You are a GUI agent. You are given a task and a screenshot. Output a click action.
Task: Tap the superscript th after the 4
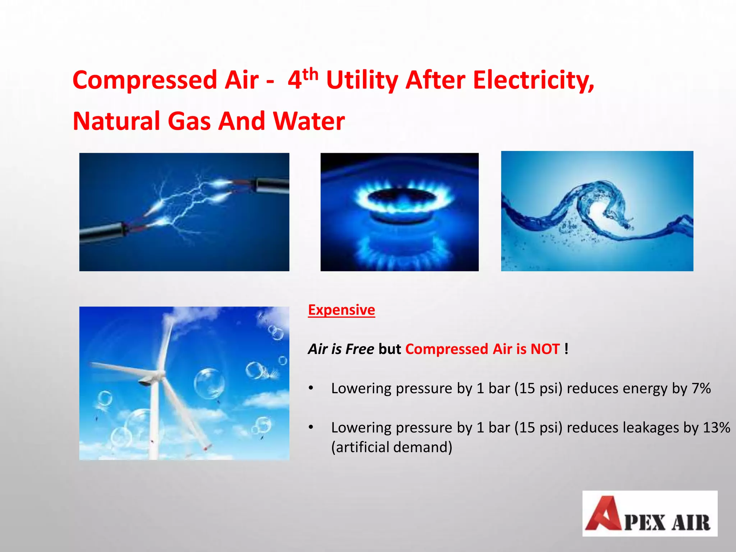(x=310, y=74)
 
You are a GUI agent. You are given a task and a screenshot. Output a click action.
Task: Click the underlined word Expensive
(x=341, y=310)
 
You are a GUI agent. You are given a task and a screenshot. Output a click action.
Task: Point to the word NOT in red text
(x=545, y=349)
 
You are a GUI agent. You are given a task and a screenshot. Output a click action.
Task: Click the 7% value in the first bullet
(x=701, y=388)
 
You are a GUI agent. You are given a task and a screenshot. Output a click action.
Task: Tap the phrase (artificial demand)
(x=391, y=447)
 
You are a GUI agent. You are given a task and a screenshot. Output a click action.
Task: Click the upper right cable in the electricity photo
(x=271, y=185)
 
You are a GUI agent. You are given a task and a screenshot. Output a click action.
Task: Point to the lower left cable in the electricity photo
(x=101, y=232)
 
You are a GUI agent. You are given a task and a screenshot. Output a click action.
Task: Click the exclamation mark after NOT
(x=566, y=349)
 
